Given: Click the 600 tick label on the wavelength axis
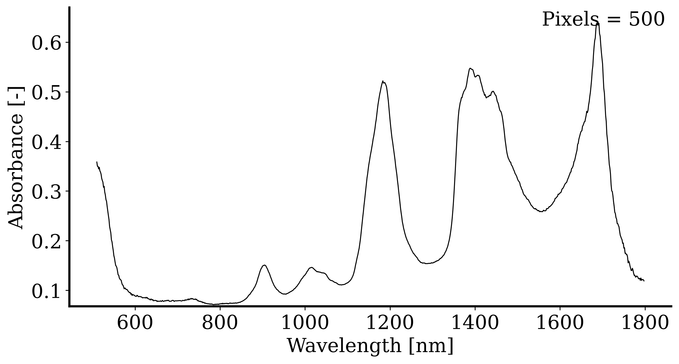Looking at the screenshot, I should tap(135, 323).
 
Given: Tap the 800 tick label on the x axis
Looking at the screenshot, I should tap(220, 323).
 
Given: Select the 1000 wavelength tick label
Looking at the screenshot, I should tap(305, 323).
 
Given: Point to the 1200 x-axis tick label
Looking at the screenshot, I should tap(390, 323).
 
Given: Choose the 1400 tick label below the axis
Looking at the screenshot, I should tap(475, 323).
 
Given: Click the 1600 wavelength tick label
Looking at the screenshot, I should tap(560, 323).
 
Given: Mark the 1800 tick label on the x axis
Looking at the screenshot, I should tap(645, 323).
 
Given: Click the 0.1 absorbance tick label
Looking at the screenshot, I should tap(46, 292).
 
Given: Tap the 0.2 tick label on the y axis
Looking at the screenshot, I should tap(46, 242).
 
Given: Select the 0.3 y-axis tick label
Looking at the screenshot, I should tap(46, 192).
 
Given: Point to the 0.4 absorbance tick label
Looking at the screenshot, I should tap(46, 143).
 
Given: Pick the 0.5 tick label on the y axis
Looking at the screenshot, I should tap(46, 93).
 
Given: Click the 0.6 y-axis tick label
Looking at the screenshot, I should tap(46, 43).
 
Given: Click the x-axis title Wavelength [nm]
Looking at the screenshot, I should tap(370, 346).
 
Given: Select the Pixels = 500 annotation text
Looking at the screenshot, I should tap(603, 19).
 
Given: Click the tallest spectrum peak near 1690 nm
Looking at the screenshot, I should tap(597, 24).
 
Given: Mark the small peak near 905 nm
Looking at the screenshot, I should tap(264, 265).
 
